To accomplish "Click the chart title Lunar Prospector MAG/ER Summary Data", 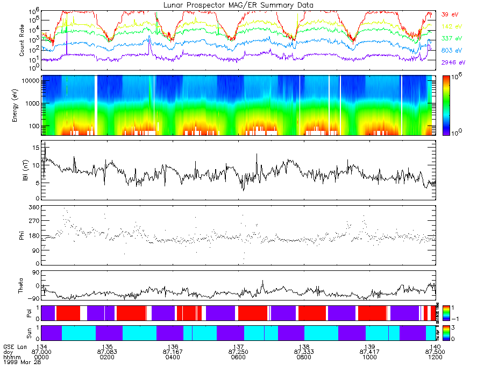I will point(238,5).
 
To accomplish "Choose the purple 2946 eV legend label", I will point(452,62).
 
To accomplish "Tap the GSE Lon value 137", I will point(238,346).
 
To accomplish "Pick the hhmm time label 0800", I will point(304,357).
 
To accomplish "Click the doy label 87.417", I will point(369,352).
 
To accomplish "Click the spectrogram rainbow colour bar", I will point(446,106).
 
